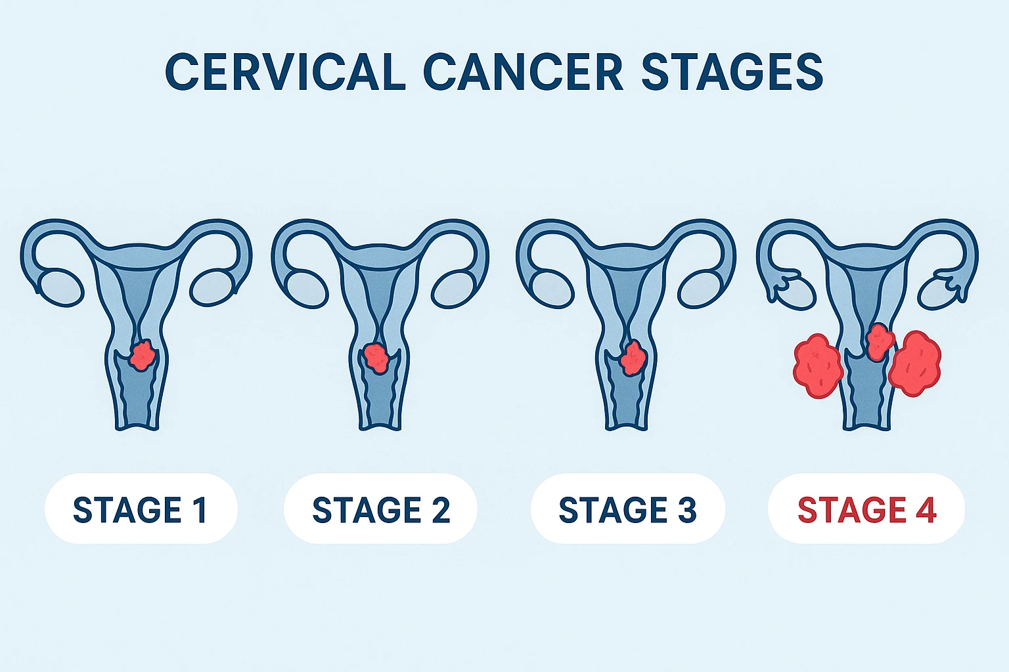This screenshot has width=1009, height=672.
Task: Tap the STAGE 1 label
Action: click(x=141, y=510)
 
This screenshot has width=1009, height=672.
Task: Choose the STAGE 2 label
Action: click(x=381, y=510)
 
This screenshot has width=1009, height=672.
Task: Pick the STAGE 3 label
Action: click(x=627, y=510)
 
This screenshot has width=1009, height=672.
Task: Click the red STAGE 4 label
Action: click(x=866, y=510)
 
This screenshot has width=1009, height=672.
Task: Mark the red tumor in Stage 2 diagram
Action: click(x=376, y=358)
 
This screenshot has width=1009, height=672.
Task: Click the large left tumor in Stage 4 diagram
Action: click(x=817, y=366)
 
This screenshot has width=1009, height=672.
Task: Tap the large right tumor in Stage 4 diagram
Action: click(x=915, y=364)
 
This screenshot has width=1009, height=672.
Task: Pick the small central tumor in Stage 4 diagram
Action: click(x=879, y=341)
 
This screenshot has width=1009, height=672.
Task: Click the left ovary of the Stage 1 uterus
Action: click(x=61, y=287)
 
